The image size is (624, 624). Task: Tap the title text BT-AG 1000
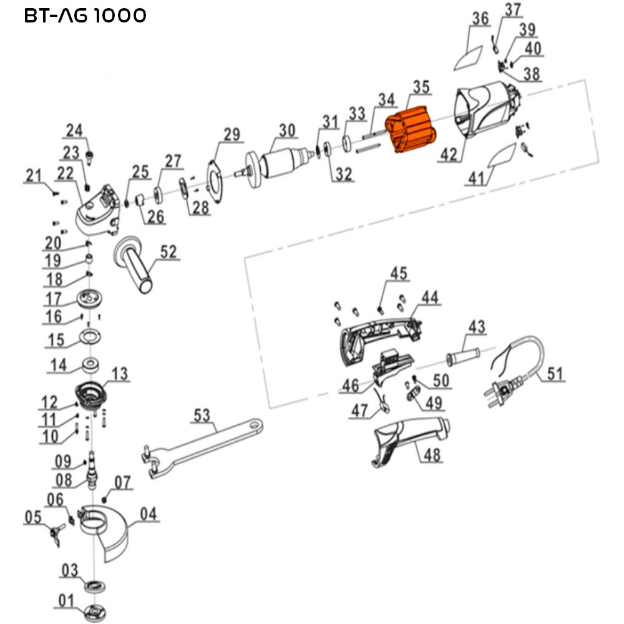pos(85,16)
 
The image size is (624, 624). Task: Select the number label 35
pos(421,87)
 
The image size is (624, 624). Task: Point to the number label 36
pos(480,19)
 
